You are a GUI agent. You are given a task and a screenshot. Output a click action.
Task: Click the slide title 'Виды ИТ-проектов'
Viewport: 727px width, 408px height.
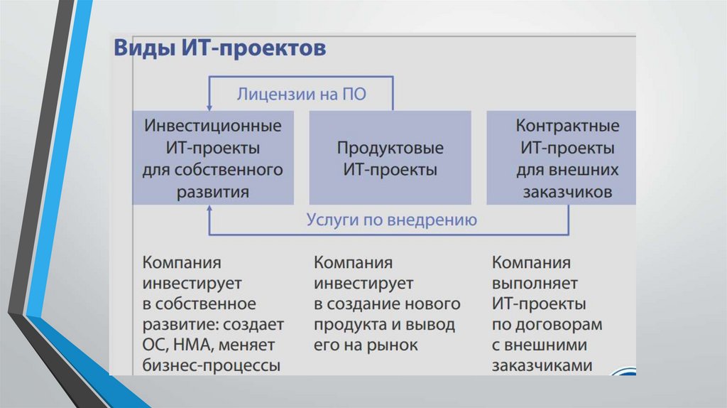[220, 50]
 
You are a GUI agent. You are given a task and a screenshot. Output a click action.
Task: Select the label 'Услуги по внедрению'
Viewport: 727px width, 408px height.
[391, 220]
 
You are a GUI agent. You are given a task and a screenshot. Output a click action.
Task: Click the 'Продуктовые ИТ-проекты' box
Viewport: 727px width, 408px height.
[390, 159]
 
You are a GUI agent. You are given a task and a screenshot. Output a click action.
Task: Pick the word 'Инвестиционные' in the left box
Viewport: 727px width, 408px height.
[213, 126]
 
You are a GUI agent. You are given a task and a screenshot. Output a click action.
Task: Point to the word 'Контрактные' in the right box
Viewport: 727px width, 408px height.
[567, 126]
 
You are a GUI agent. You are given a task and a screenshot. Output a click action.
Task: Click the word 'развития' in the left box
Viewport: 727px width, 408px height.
[213, 192]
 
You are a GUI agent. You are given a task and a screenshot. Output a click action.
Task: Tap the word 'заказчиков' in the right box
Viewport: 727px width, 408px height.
[568, 192]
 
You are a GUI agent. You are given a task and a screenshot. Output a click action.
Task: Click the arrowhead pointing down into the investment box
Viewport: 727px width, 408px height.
[210, 106]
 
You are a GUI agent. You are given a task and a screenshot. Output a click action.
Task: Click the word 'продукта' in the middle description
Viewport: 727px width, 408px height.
[346, 325]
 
